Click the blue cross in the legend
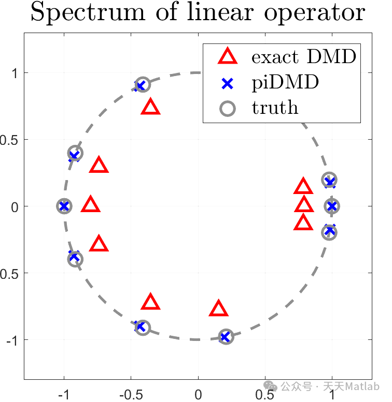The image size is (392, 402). point(227,84)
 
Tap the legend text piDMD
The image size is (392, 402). point(285,83)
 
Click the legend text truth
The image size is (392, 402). point(275,108)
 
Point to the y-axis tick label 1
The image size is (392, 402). point(15,73)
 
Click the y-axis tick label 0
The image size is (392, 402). point(15,206)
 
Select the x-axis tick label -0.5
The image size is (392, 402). point(131,395)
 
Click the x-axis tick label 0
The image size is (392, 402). point(198,395)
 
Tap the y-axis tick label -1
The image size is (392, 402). point(12,341)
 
